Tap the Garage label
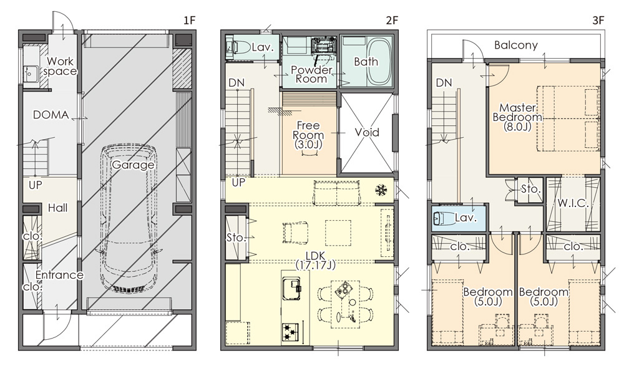[132, 165]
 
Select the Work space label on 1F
[60, 67]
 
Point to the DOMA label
[51, 115]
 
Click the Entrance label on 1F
[59, 275]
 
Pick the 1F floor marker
[190, 20]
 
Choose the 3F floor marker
[598, 20]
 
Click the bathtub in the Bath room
[379, 62]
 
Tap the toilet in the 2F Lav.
[236, 48]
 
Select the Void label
[366, 132]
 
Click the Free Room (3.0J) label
[308, 135]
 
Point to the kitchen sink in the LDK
[291, 285]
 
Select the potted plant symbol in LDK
[381, 190]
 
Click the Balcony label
[516, 46]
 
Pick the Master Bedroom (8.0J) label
[517, 117]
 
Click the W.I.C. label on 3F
[573, 203]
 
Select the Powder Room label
[311, 74]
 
